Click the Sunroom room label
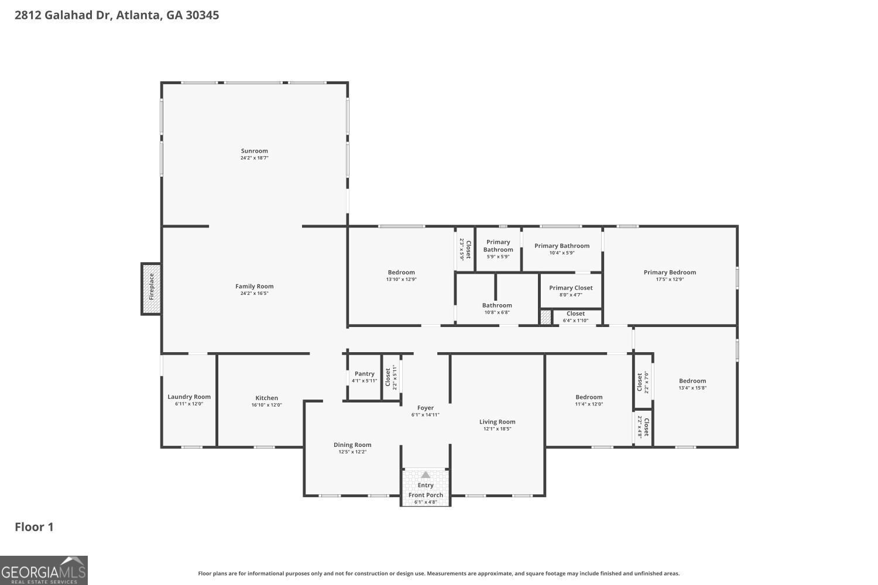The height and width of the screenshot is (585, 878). click(x=254, y=151)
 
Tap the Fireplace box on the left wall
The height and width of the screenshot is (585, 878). click(x=151, y=288)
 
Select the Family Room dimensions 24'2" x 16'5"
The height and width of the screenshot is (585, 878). click(x=254, y=294)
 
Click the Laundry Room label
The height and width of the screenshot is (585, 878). click(x=189, y=397)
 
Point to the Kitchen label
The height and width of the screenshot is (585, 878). click(x=266, y=398)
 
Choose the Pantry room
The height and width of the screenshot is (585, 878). click(x=364, y=377)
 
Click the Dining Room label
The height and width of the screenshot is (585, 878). click(x=352, y=445)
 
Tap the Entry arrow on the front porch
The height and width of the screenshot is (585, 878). click(x=426, y=475)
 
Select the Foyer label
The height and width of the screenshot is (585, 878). click(x=426, y=408)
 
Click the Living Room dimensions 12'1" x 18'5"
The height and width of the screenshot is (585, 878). click(x=497, y=429)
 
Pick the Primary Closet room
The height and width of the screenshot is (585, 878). click(x=571, y=291)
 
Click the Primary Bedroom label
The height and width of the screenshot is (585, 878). click(x=670, y=272)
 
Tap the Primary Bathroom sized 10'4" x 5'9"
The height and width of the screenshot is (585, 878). click(x=562, y=249)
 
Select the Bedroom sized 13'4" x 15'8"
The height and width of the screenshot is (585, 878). click(x=692, y=384)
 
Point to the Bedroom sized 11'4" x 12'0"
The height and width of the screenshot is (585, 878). click(x=589, y=400)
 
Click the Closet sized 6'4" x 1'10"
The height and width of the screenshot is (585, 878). click(x=575, y=317)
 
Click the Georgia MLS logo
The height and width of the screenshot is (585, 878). click(x=44, y=570)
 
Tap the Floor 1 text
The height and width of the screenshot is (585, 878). click(x=34, y=527)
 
